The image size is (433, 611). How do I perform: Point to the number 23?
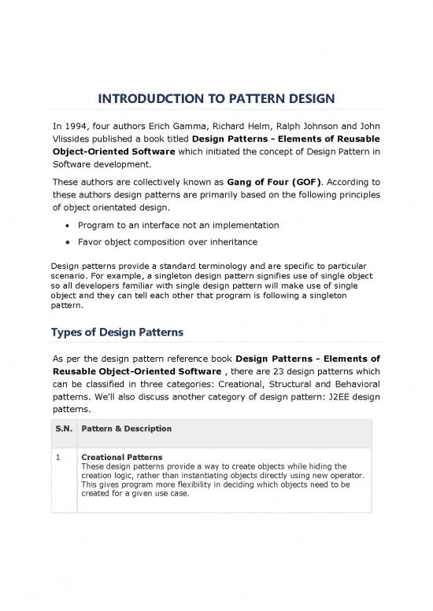coord(264,373)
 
